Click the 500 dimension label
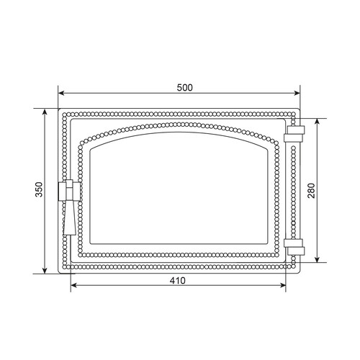(x=185, y=88)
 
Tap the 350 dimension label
(x=39, y=189)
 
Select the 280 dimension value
(x=311, y=191)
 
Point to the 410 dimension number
(x=178, y=280)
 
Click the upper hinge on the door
(x=294, y=134)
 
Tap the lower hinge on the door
(x=294, y=247)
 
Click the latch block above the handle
(x=69, y=190)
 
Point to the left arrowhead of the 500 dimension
(x=61, y=93)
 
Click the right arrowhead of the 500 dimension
(x=297, y=93)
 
